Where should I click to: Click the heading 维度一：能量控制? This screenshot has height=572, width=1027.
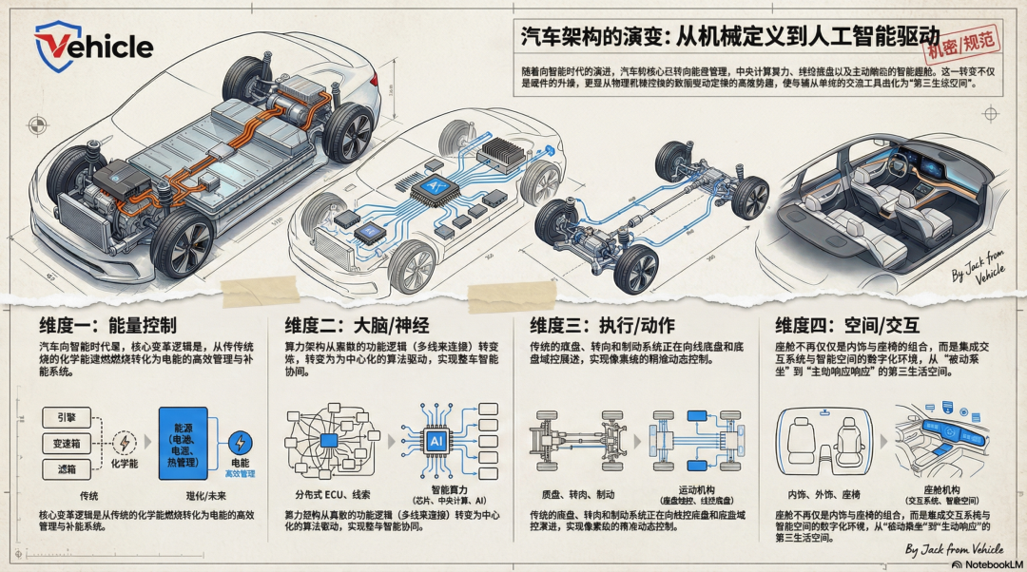tap(107, 324)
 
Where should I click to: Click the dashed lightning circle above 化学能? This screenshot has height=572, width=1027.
tap(124, 442)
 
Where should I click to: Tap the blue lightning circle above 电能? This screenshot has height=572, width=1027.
tap(241, 442)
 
